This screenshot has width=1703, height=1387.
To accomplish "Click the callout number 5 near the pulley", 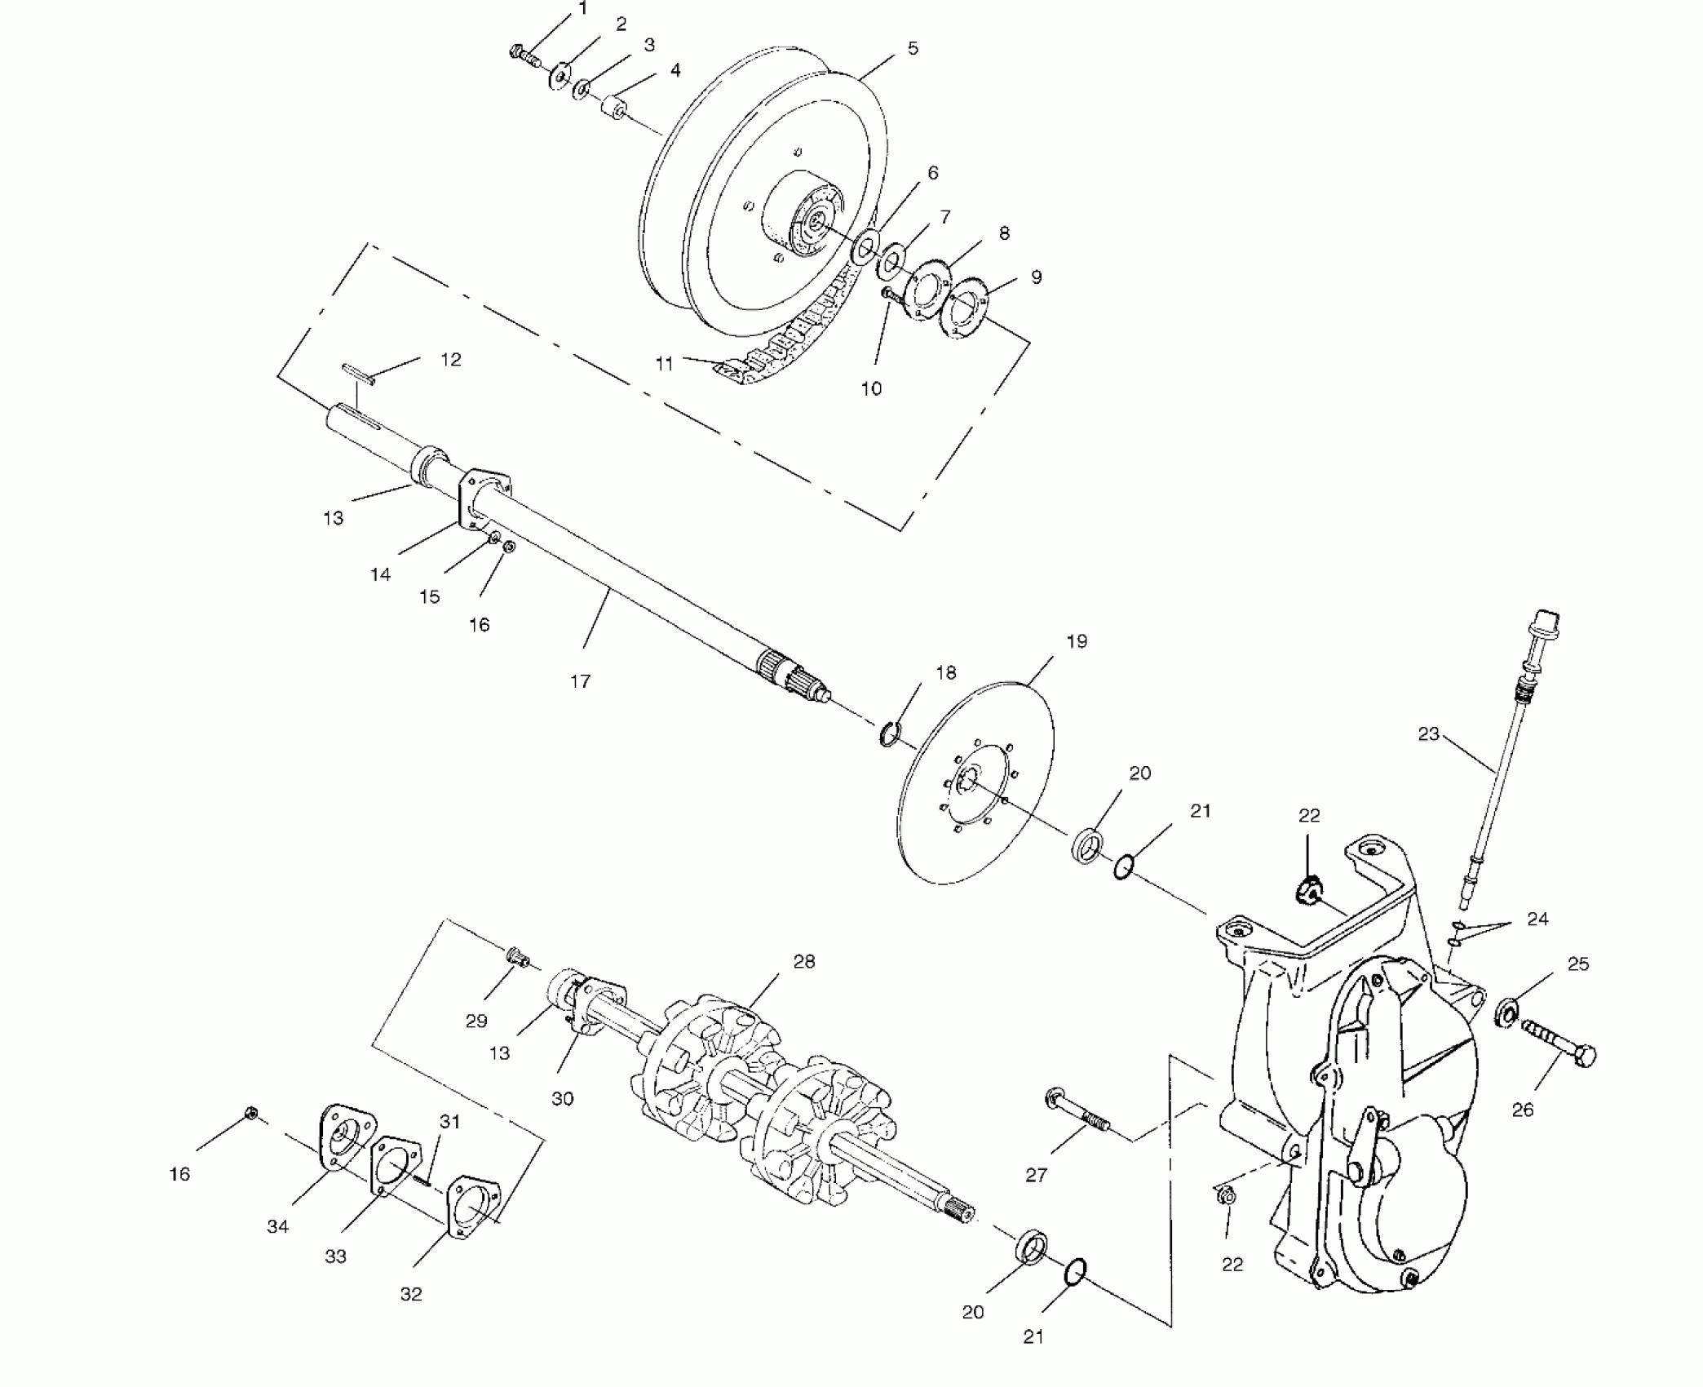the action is coord(913,49).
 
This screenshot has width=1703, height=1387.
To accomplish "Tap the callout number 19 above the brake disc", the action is coord(1077,641).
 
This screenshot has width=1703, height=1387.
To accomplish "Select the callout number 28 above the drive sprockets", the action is coord(804,962).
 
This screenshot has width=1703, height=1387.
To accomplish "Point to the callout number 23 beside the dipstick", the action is coord(1428,734).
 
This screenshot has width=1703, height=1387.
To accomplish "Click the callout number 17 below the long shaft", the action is coord(580,681).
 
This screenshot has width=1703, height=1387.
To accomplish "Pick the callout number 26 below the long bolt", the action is coord(1523,1110).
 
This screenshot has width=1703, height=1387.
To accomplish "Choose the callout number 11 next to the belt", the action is coord(665,364).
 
